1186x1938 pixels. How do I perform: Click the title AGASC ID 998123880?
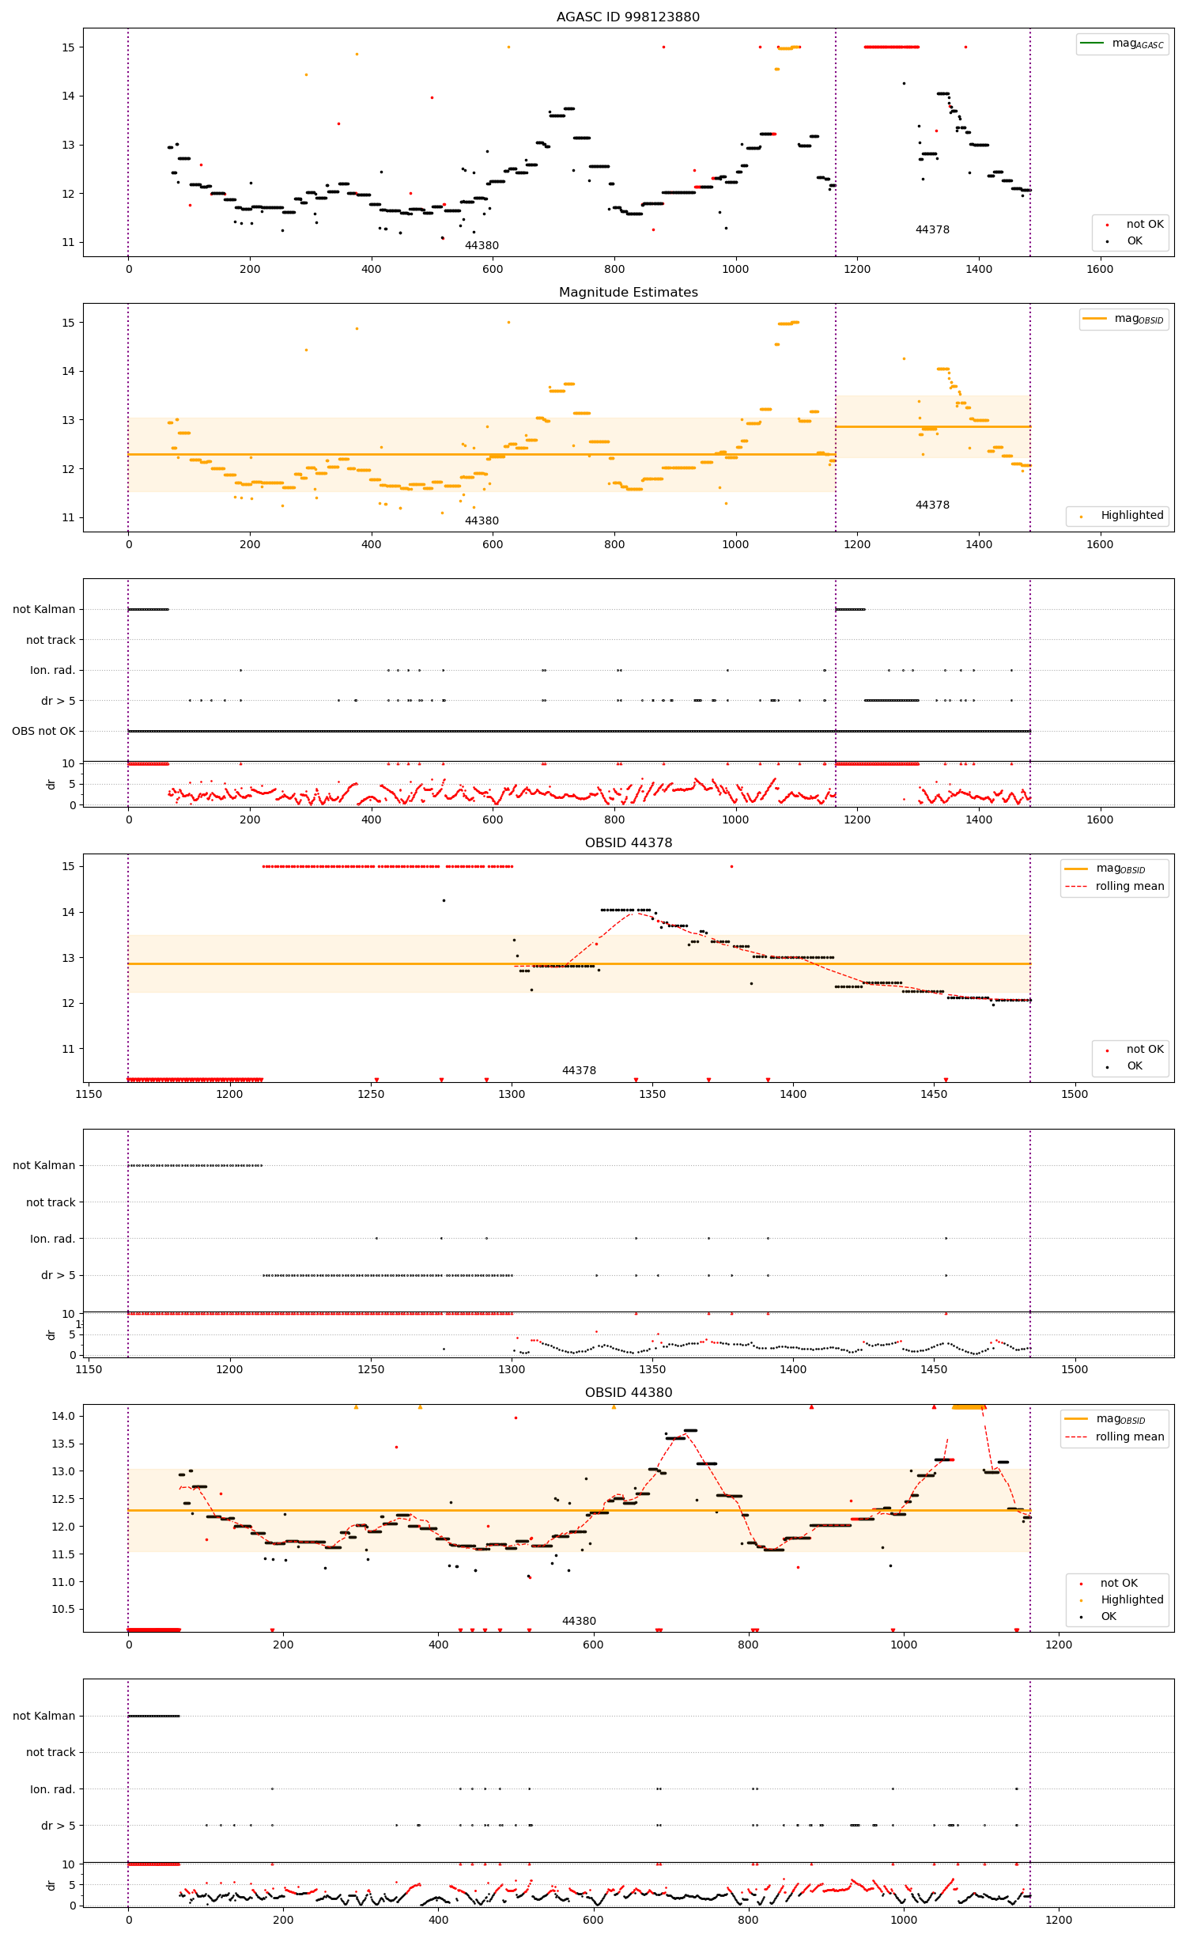pos(628,17)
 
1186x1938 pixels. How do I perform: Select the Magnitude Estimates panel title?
pos(628,292)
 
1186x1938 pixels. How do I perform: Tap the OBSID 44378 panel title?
pos(628,842)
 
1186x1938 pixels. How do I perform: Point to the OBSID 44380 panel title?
pos(628,1392)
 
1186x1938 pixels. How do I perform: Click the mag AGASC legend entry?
pos(1137,44)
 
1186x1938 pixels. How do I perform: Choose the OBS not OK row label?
pos(43,731)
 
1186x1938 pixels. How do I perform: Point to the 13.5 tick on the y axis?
pos(63,1444)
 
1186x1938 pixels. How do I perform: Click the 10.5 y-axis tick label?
pos(63,1609)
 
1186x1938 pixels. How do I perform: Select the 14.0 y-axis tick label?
pos(63,1416)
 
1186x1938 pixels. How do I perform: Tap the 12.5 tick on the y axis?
pos(63,1499)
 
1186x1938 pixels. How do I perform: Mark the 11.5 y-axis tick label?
pos(63,1554)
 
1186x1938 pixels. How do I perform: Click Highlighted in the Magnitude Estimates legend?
pos(1131,516)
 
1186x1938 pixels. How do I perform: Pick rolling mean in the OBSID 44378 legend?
pos(1129,886)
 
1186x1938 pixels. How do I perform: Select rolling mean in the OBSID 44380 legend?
pos(1129,1436)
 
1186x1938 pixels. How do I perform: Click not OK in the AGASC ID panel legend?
pos(1144,224)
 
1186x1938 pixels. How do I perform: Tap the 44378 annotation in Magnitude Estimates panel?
pos(932,505)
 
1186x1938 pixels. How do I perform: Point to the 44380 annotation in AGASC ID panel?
pos(482,245)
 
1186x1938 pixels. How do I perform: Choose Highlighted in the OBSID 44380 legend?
pos(1131,1599)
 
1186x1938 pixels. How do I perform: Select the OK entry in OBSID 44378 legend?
pos(1134,1066)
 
